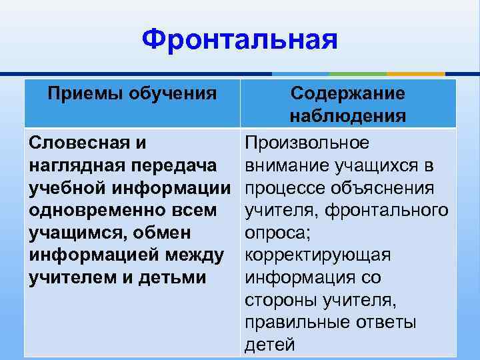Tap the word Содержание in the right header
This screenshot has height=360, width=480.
(x=347, y=94)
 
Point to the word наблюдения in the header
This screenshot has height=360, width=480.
(x=347, y=116)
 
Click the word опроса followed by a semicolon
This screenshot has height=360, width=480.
(x=273, y=233)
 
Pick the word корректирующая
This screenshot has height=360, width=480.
(x=318, y=255)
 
